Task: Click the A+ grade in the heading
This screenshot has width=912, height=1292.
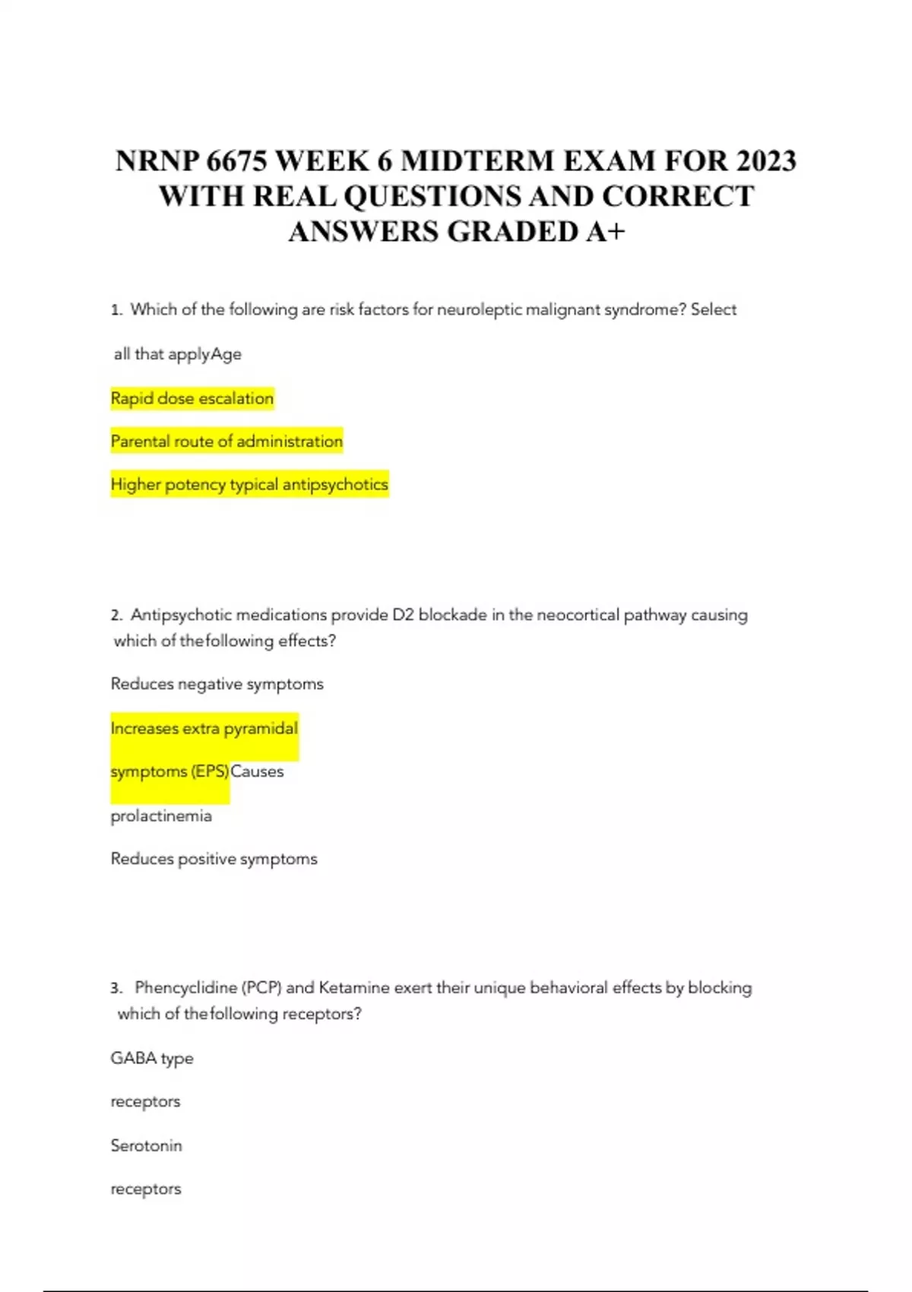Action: pyautogui.click(x=605, y=232)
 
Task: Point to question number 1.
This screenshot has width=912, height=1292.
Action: pyautogui.click(x=116, y=310)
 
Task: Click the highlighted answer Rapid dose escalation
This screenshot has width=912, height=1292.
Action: pyautogui.click(x=192, y=398)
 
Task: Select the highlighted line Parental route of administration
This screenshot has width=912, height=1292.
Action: pyautogui.click(x=226, y=442)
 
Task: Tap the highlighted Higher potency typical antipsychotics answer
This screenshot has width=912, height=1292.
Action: pyautogui.click(x=249, y=485)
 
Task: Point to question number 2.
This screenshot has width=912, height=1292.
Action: pyautogui.click(x=116, y=615)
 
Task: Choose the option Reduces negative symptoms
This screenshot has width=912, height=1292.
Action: pyautogui.click(x=217, y=684)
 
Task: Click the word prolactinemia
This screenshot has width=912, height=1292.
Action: pyautogui.click(x=161, y=816)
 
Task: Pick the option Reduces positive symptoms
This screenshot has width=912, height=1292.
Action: pyautogui.click(x=214, y=859)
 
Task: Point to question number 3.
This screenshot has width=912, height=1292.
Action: pyautogui.click(x=116, y=988)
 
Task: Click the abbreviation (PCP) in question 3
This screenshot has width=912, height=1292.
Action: pyautogui.click(x=261, y=988)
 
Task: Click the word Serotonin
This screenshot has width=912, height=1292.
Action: pyautogui.click(x=146, y=1145)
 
